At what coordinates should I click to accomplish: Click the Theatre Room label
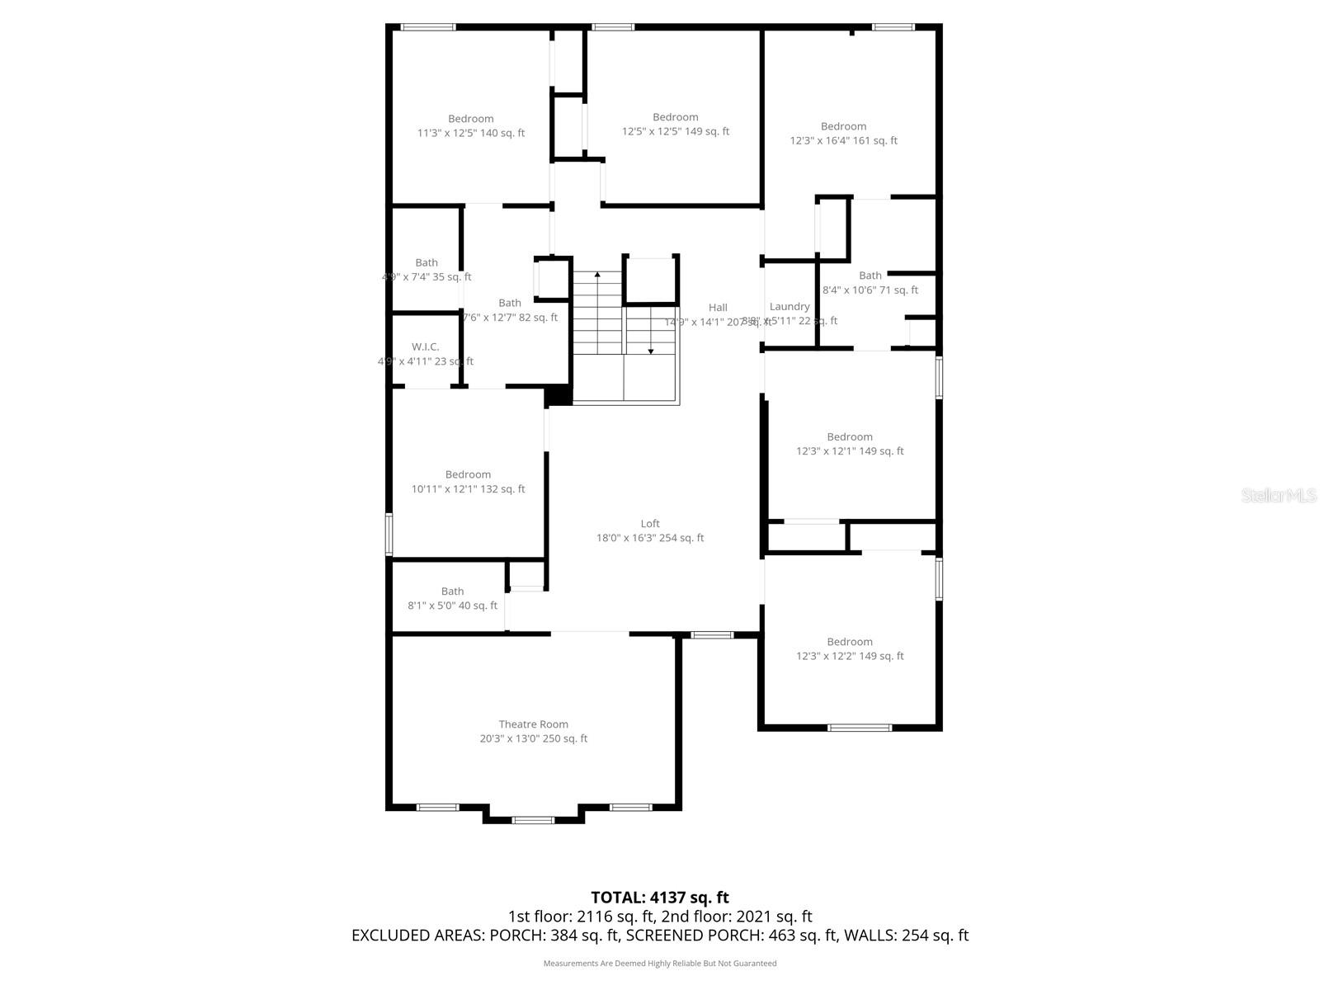533,724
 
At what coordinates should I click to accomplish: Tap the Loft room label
650,523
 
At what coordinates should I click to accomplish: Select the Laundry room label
790,307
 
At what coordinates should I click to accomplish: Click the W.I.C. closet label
426,346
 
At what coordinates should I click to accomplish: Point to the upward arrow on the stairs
597,275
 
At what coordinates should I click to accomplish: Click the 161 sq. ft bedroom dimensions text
843,140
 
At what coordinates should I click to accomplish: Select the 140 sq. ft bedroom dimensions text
471,133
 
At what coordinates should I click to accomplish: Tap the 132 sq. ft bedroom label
468,474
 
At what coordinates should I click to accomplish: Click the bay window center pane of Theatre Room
533,820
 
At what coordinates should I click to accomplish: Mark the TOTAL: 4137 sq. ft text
659,897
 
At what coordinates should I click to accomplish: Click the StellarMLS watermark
1279,495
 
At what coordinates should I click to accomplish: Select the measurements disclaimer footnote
659,963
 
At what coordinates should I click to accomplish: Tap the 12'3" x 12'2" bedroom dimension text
850,656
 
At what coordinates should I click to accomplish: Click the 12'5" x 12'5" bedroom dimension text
675,131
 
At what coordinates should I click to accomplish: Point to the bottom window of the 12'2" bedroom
860,728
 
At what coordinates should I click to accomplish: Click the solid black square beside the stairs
559,395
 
